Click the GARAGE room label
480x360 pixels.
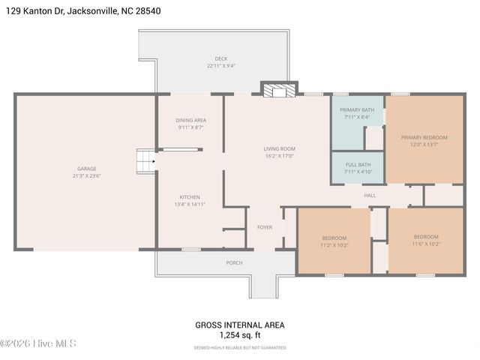point(87,169)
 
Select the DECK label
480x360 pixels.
point(221,58)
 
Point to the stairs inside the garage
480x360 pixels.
point(145,160)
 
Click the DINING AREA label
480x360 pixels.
point(191,120)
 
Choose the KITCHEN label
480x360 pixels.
point(189,196)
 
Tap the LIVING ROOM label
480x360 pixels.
point(279,148)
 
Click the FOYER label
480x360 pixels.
point(265,227)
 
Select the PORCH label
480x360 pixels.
point(234,263)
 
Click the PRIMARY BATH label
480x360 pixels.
point(356,109)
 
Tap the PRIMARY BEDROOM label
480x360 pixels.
point(424,137)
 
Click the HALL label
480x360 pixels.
point(370,196)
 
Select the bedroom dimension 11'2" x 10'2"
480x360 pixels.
point(334,245)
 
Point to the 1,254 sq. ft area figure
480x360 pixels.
point(239,335)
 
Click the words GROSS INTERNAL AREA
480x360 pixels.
point(239,325)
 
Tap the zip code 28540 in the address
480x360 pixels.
point(146,11)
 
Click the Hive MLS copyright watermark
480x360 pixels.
point(38,344)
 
